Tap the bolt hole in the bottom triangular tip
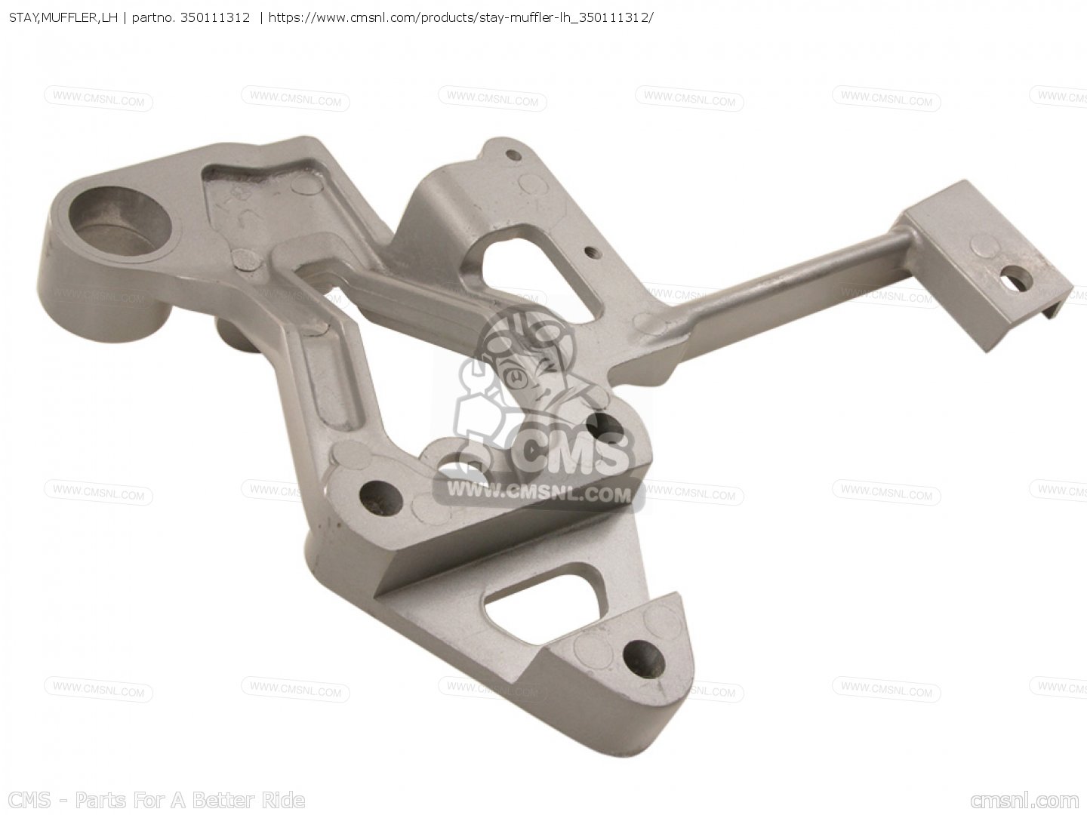(x=643, y=660)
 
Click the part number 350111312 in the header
(x=215, y=18)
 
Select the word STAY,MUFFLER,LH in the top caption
(x=63, y=18)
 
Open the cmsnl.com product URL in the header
(x=461, y=18)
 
